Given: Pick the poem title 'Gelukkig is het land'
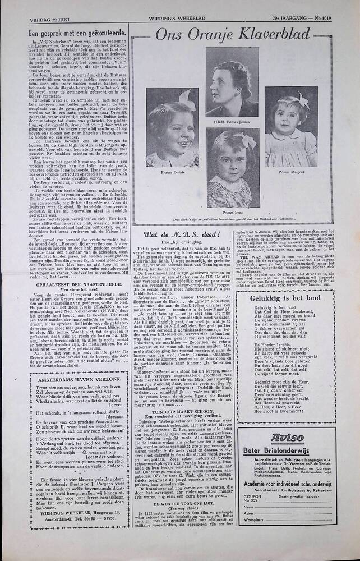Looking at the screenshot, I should coord(286,298).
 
